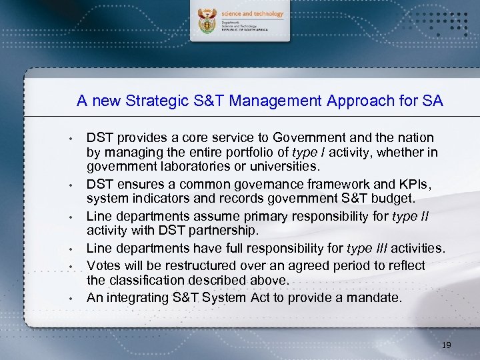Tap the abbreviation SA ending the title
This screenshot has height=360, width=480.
(x=433, y=101)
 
